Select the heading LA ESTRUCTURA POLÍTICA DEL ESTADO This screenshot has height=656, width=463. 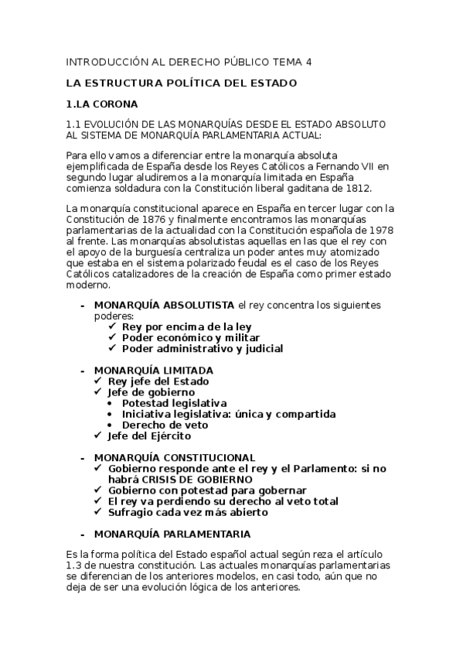181,83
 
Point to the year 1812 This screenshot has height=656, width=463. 358,187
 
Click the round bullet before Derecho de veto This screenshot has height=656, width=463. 114,425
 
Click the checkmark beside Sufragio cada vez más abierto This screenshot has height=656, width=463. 98,512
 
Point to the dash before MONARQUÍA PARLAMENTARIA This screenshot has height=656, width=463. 83,534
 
